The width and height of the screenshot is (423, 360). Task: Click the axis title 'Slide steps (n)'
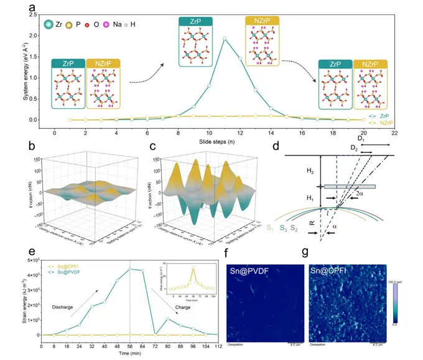click(209, 140)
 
